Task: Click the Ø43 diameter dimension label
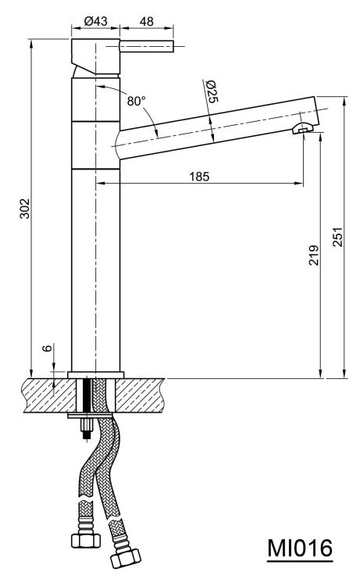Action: point(95,21)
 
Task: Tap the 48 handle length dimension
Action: point(146,21)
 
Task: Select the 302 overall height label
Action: point(25,208)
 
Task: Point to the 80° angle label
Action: point(136,101)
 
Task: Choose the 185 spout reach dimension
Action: point(199,176)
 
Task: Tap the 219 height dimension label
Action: point(314,255)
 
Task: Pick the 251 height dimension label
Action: point(337,237)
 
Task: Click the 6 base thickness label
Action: point(48,348)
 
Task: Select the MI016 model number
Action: point(300,548)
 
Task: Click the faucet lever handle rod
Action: point(146,45)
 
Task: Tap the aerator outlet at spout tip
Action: point(302,129)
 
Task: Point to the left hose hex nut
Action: point(86,540)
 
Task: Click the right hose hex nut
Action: point(126,558)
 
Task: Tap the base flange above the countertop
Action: point(95,374)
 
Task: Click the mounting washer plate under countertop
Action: point(90,415)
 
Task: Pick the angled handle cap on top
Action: point(95,56)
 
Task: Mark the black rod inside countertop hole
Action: point(87,395)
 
